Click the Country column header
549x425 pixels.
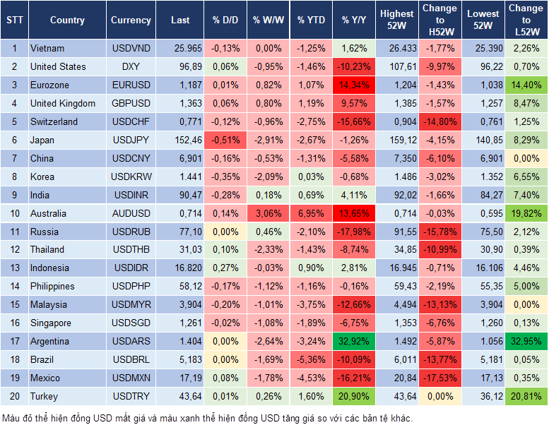click(67, 20)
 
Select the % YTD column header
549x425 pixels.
click(311, 20)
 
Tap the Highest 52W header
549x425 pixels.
click(396, 20)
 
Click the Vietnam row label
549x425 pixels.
click(47, 49)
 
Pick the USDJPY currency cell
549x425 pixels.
click(131, 140)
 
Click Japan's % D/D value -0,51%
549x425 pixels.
click(225, 140)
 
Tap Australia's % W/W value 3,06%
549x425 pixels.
click(268, 213)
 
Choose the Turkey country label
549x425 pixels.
click(44, 397)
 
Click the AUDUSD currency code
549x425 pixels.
click(131, 213)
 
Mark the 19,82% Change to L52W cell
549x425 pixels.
click(525, 213)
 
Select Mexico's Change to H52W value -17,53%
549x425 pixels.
click(439, 378)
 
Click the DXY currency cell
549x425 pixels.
click(131, 67)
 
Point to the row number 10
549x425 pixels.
click(14, 213)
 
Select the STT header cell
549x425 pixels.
click(14, 20)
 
